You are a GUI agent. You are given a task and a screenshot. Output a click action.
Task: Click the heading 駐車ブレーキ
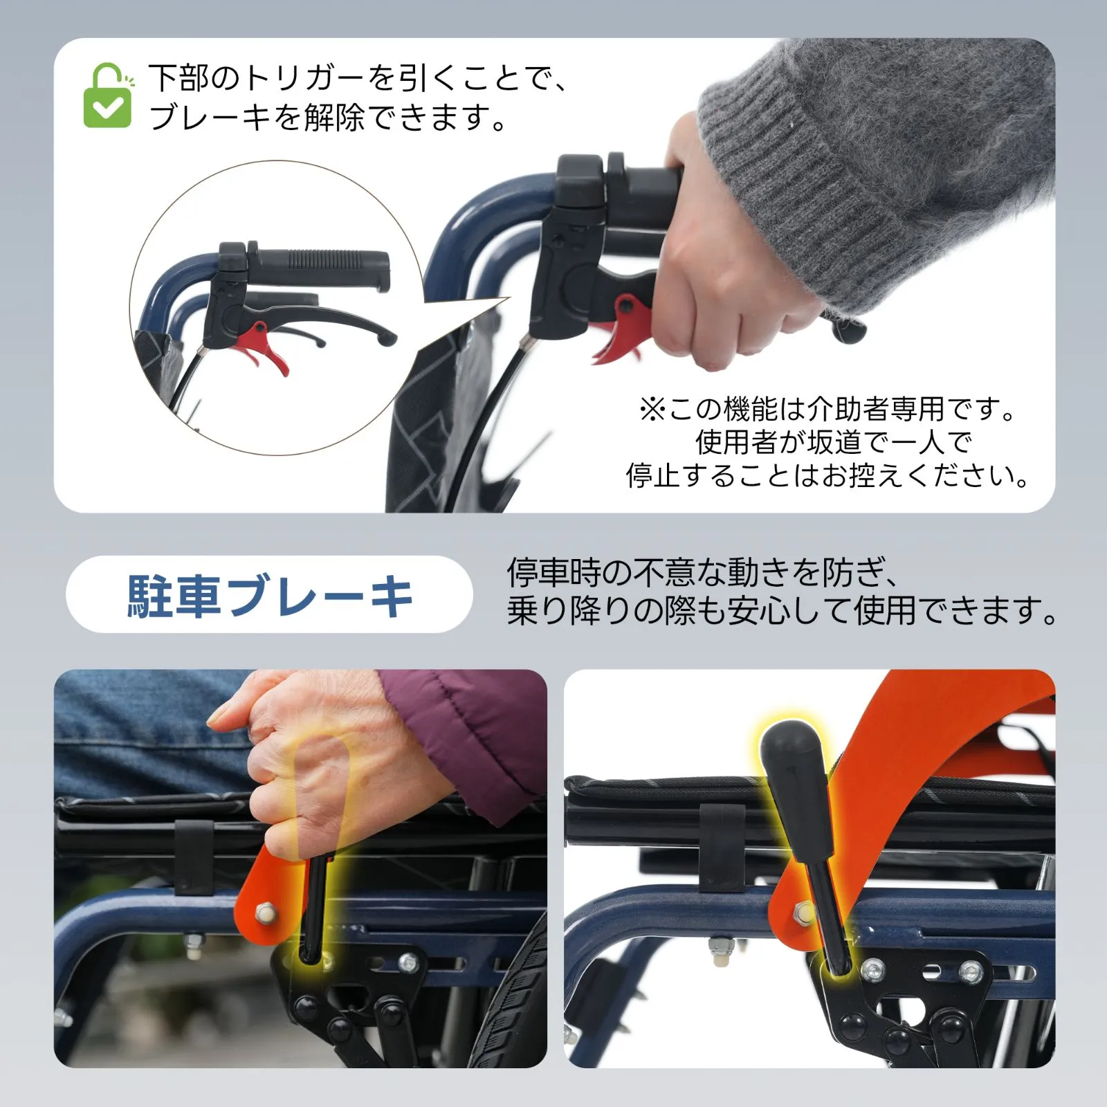coord(270,595)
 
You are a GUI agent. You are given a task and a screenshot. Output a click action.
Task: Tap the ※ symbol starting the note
coord(652,410)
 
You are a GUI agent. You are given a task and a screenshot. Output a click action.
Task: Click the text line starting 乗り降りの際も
coord(782,610)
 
